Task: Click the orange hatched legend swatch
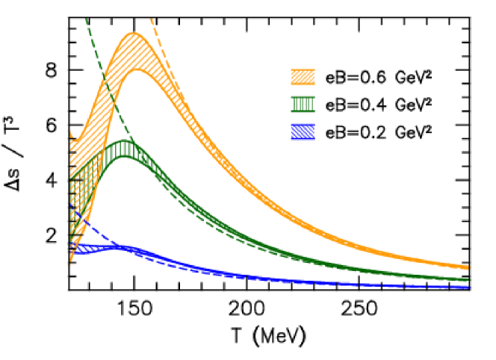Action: click(303, 77)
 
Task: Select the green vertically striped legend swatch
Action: click(303, 105)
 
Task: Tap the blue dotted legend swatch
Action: click(303, 132)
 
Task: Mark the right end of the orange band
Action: click(468, 267)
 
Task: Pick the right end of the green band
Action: click(468, 280)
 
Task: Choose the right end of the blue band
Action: click(468, 287)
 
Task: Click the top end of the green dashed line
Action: click(87, 19)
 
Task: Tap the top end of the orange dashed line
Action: click(151, 19)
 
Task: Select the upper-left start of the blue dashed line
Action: click(69, 202)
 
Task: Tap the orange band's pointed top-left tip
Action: click(69, 131)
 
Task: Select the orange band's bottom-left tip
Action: click(70, 264)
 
